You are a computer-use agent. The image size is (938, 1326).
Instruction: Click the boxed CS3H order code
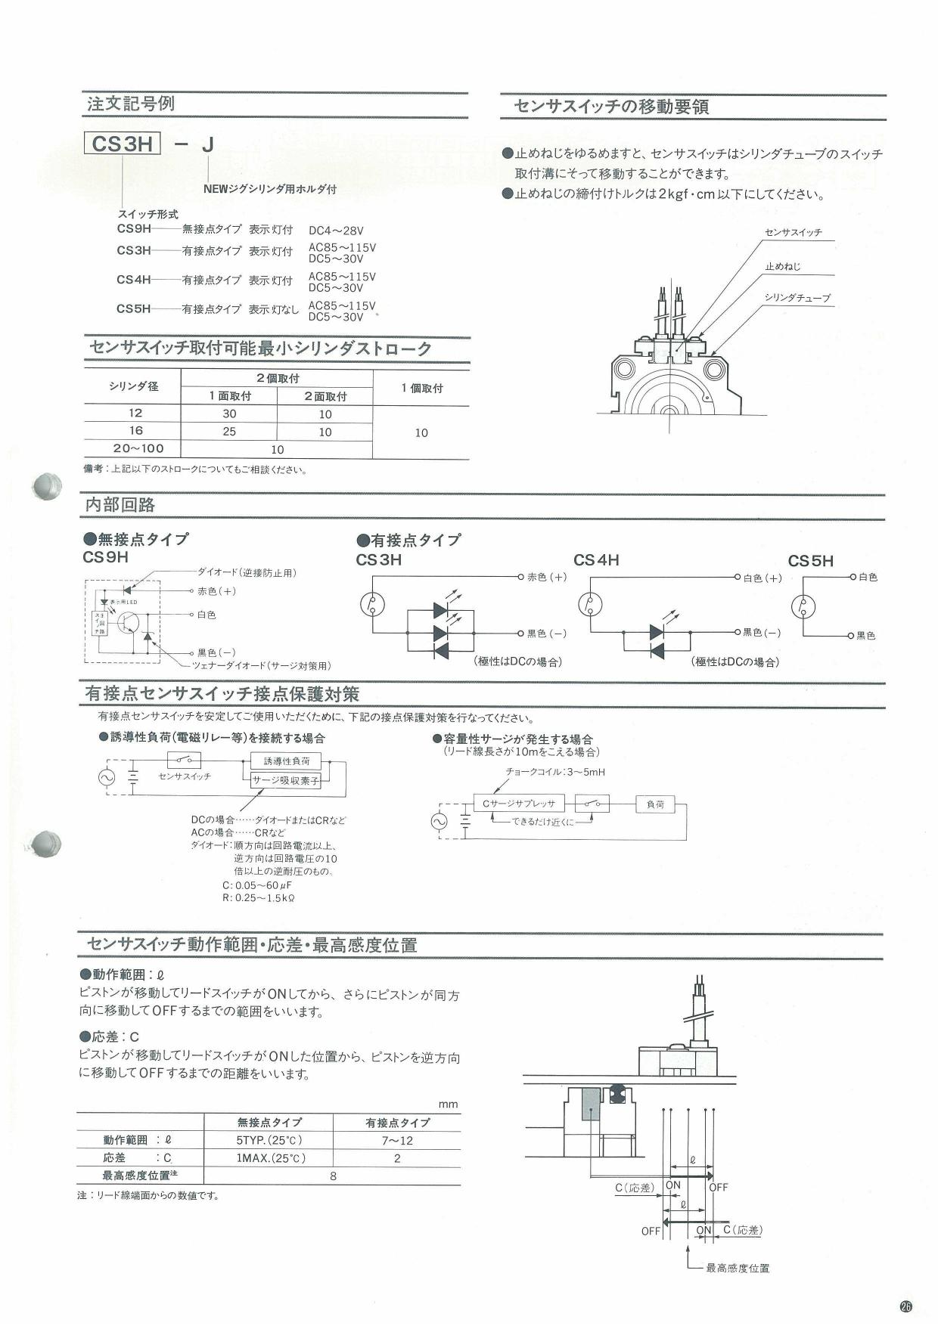pos(123,144)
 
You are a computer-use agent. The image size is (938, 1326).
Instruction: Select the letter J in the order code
pos(207,144)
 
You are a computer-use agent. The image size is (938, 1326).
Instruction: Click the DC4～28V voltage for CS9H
pos(336,231)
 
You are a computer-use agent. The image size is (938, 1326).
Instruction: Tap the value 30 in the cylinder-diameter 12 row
pos(229,414)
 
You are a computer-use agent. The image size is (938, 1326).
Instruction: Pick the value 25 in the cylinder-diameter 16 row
pos(229,432)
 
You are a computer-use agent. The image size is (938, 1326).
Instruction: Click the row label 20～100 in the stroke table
pos(138,448)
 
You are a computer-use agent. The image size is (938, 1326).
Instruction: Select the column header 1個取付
pos(421,388)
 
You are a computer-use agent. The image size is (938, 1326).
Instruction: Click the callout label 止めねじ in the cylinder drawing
pos(782,267)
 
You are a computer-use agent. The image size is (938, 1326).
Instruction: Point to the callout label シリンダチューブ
pos(797,298)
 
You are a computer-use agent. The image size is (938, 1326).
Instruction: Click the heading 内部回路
pos(120,505)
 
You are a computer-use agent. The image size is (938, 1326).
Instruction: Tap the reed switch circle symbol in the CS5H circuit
pos(804,606)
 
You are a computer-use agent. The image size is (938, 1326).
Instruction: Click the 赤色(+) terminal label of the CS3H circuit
pos(547,577)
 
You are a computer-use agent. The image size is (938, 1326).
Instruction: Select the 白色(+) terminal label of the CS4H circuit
pos(763,578)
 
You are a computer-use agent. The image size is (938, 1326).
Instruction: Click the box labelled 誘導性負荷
pos(286,761)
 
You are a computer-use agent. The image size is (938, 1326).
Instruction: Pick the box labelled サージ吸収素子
pos(286,781)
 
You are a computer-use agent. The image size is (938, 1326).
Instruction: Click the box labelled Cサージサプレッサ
pos(518,804)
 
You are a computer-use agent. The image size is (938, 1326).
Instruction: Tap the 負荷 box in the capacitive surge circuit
pos(655,804)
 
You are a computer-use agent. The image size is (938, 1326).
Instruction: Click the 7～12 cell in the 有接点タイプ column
pos(397,1141)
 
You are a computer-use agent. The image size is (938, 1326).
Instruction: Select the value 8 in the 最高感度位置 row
pos(333,1176)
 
